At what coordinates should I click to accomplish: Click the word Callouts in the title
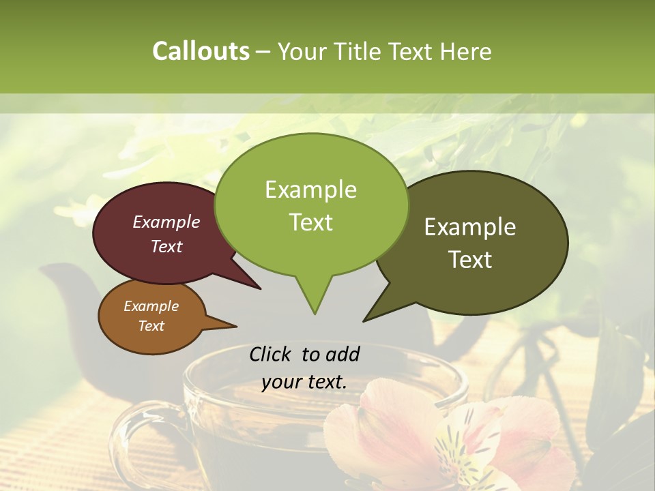coord(201,51)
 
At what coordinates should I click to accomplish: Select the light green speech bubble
coord(311,205)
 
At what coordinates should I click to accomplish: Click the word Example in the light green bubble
coord(310,190)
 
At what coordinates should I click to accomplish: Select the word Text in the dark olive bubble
coord(470,260)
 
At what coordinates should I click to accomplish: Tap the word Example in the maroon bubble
coord(166,222)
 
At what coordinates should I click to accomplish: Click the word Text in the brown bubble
coord(151,326)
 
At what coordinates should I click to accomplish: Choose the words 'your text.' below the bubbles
coord(304,382)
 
